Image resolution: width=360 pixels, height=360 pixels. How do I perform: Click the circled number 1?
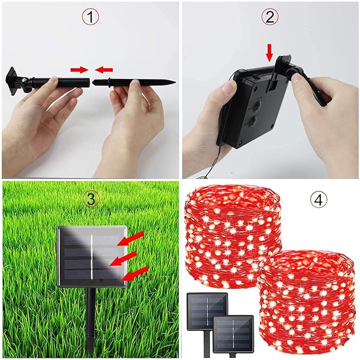point(91,17)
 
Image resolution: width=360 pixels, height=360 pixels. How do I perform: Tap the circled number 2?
point(270,17)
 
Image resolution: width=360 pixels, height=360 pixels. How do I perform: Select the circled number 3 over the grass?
point(91,199)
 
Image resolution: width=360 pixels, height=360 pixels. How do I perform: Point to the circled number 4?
point(319,200)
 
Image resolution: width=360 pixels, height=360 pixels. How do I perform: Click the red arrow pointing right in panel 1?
point(79,70)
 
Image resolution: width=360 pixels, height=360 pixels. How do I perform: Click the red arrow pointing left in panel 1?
point(104,70)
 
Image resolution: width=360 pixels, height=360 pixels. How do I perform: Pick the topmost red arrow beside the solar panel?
point(130,239)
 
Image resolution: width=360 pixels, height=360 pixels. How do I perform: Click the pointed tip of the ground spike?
point(175,82)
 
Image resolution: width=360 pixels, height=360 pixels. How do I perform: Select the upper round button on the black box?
point(256,106)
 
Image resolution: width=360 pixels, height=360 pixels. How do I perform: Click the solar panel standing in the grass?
point(92,257)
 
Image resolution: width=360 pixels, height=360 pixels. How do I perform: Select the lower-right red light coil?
point(307,305)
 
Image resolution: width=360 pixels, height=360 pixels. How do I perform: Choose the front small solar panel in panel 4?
point(233,334)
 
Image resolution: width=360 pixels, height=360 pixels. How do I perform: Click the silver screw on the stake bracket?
point(24,80)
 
